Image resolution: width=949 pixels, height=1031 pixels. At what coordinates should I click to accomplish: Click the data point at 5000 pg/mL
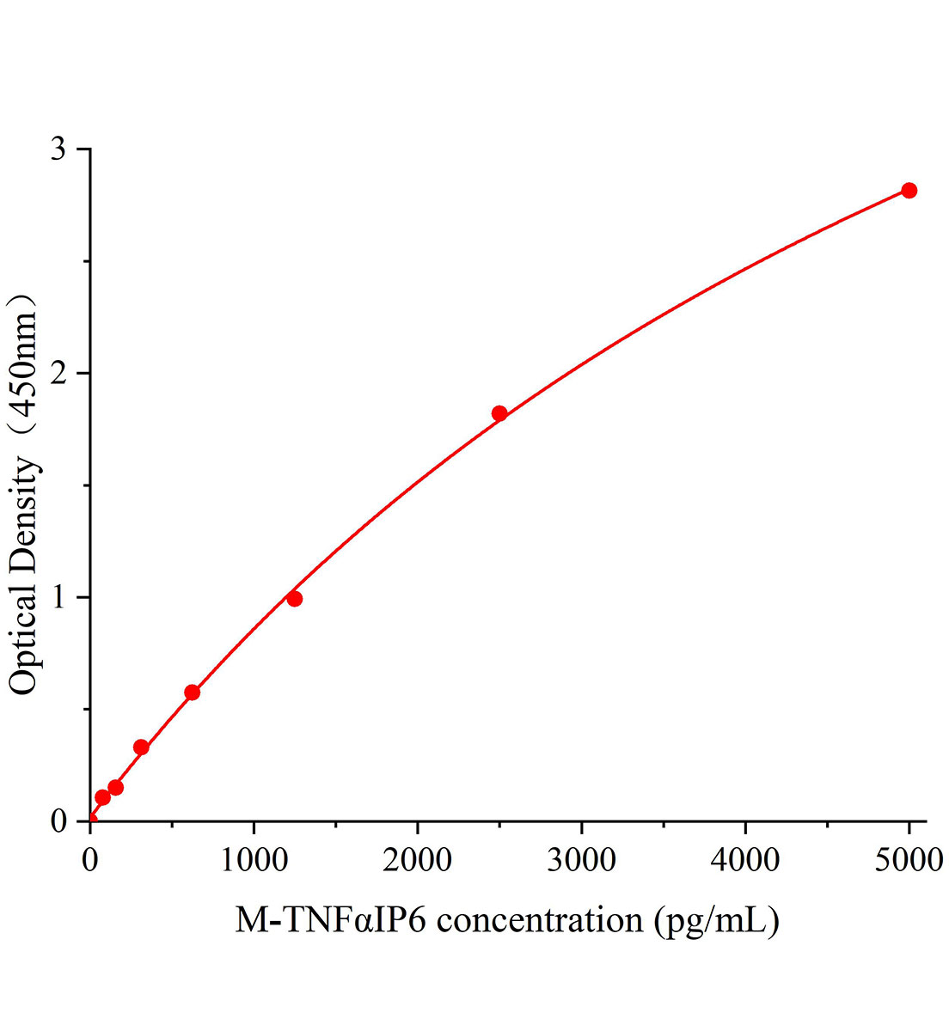[x=909, y=190]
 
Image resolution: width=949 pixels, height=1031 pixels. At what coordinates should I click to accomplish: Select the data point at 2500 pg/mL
[x=499, y=413]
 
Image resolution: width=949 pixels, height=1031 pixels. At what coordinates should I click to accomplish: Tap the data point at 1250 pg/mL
[x=295, y=599]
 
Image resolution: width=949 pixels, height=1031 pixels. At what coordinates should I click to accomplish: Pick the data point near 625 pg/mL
[x=193, y=692]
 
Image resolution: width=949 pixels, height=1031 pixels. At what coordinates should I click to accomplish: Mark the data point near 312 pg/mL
[x=141, y=747]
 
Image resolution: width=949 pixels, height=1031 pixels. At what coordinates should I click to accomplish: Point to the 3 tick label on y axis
[x=58, y=149]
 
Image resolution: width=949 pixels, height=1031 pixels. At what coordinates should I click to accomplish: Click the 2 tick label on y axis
[x=58, y=374]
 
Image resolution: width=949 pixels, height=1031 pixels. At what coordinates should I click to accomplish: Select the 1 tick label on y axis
[x=58, y=598]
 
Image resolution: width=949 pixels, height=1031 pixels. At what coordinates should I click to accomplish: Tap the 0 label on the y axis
[x=58, y=821]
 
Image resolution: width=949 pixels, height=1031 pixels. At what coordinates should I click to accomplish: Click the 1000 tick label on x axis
[x=254, y=858]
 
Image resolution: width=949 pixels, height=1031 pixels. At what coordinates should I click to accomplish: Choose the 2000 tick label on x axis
[x=418, y=858]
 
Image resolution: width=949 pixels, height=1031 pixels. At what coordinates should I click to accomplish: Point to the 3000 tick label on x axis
[x=582, y=858]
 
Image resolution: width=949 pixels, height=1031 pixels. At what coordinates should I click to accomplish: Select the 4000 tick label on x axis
[x=745, y=858]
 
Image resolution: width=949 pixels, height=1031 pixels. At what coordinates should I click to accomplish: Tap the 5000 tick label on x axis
[x=909, y=858]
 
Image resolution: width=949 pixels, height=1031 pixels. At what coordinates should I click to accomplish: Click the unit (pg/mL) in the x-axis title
[x=717, y=921]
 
